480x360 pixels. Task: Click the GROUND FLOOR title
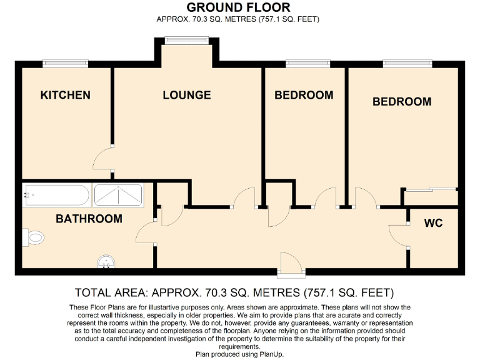point(238,7)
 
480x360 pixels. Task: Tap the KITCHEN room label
point(65,95)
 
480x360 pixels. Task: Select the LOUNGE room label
point(186,95)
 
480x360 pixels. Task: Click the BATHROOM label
point(89,219)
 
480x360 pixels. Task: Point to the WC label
point(433,222)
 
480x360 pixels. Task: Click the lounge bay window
point(187,41)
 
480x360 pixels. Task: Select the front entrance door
point(291,264)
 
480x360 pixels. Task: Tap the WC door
point(397,236)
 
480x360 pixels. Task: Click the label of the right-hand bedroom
point(402,101)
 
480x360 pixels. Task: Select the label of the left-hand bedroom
point(304,95)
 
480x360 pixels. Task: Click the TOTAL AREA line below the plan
point(234,292)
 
